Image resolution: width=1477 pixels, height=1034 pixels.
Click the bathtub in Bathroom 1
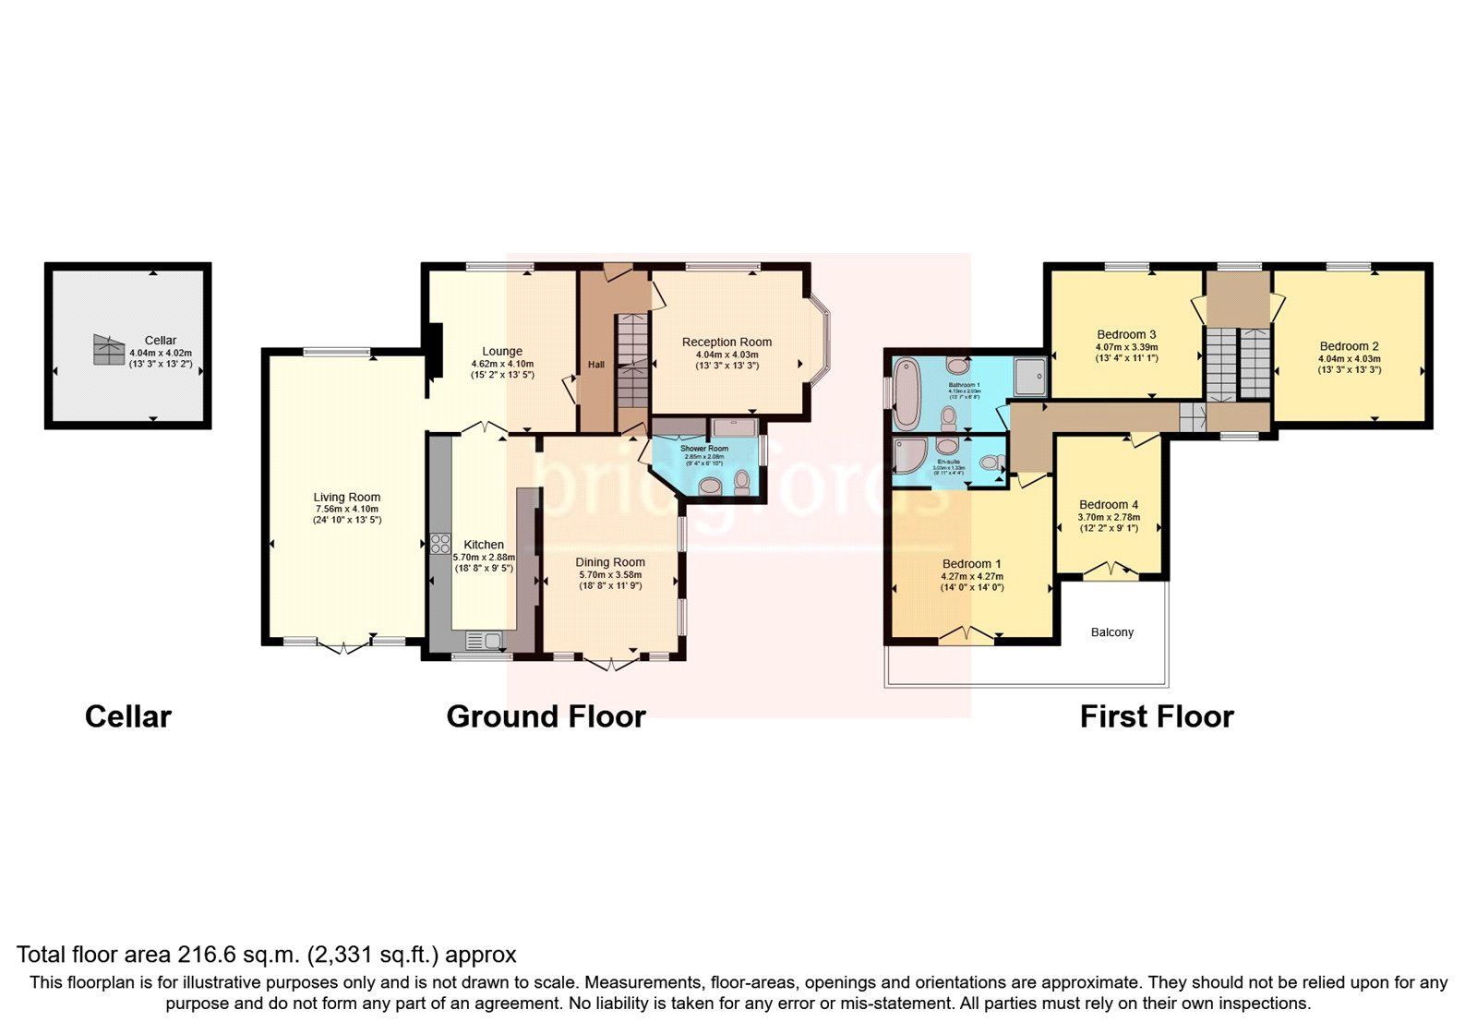(907, 394)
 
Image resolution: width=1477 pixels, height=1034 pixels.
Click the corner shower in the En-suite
(908, 456)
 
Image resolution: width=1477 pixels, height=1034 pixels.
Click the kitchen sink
(484, 639)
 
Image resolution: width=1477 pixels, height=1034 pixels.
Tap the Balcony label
(1111, 632)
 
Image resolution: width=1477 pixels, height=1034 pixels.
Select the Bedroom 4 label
(1109, 505)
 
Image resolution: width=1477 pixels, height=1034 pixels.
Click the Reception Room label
(726, 343)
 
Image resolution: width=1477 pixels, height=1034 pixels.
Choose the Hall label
(596, 365)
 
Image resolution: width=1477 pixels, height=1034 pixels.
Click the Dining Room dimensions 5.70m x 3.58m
(609, 574)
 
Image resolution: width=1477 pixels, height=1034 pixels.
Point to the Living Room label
(346, 498)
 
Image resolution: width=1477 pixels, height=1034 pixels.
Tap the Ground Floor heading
(546, 716)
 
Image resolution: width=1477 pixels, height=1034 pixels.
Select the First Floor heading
(1156, 716)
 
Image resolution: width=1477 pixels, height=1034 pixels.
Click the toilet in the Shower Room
(741, 482)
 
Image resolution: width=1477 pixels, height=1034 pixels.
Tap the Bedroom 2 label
(1349, 346)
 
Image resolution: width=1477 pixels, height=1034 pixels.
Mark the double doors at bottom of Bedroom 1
(967, 635)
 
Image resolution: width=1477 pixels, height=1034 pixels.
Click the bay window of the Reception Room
(823, 343)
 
